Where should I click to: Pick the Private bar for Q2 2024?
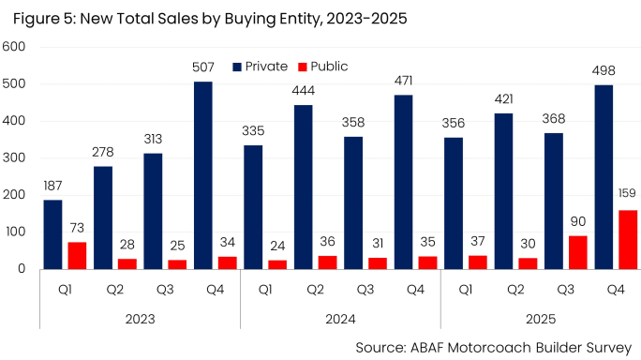click(304, 187)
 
